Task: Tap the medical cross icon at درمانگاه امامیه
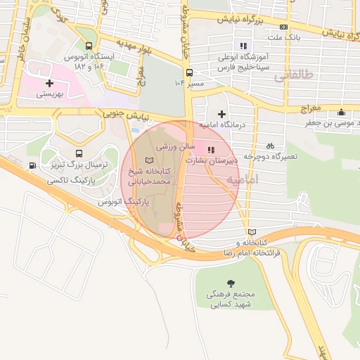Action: pyautogui.click(x=222, y=114)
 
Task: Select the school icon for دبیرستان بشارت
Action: pyautogui.click(x=210, y=148)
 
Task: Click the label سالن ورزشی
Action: pyautogui.click(x=171, y=147)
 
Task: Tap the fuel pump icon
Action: pyautogui.click(x=32, y=165)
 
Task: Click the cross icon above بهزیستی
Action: pyautogui.click(x=49, y=83)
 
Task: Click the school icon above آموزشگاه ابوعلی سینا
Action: pyautogui.click(x=244, y=46)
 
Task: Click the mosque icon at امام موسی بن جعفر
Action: pyautogui.click(x=342, y=112)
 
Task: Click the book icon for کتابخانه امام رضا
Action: pyautogui.click(x=252, y=232)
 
